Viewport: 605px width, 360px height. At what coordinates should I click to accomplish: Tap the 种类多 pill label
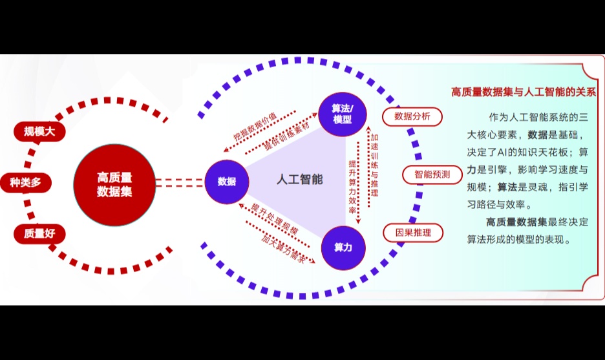pyautogui.click(x=25, y=182)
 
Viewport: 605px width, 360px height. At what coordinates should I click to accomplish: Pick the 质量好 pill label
pyautogui.click(x=39, y=234)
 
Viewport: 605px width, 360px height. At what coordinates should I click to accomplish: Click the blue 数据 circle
pyautogui.click(x=227, y=182)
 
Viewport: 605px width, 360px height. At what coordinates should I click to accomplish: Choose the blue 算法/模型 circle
pyautogui.click(x=343, y=114)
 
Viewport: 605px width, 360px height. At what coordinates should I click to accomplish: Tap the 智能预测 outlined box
pyautogui.click(x=432, y=175)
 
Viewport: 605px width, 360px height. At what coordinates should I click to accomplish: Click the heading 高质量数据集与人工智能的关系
pyautogui.click(x=523, y=92)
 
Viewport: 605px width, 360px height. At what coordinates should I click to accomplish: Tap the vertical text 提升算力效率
pyautogui.click(x=352, y=183)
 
